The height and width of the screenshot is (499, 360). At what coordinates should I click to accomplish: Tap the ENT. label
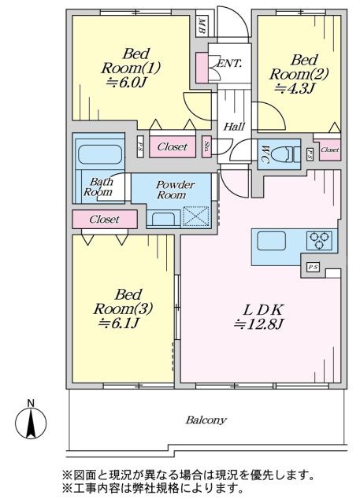tap(229, 63)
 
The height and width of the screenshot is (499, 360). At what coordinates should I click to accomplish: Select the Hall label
tap(234, 127)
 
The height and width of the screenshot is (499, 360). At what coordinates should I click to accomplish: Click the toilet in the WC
tap(288, 154)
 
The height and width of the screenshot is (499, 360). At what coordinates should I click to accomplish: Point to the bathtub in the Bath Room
tap(100, 155)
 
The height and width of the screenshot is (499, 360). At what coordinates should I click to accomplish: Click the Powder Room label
tap(171, 190)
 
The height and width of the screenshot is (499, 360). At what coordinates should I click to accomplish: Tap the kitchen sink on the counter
tap(272, 241)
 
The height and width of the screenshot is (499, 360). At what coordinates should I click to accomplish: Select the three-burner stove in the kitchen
tap(319, 240)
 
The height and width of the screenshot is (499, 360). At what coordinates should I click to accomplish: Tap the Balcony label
tap(206, 420)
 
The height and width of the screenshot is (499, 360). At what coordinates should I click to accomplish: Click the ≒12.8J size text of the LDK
tap(259, 324)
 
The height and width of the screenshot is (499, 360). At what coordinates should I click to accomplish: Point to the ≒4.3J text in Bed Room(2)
tap(295, 88)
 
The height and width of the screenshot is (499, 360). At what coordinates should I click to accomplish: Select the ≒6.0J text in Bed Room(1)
tap(127, 83)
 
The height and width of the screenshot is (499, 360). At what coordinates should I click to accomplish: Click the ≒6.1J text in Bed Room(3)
tap(118, 323)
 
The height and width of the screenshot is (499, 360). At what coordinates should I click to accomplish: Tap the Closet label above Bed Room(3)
tap(104, 220)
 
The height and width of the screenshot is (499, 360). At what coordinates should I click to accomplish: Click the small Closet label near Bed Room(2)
tap(330, 150)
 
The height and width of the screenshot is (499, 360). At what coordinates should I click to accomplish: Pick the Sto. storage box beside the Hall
tap(207, 146)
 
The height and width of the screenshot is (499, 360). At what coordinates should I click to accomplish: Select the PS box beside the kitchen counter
tap(314, 267)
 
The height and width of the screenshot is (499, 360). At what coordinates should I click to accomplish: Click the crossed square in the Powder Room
tap(196, 216)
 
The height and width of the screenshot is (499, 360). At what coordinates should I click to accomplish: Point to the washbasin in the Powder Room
tap(163, 219)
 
